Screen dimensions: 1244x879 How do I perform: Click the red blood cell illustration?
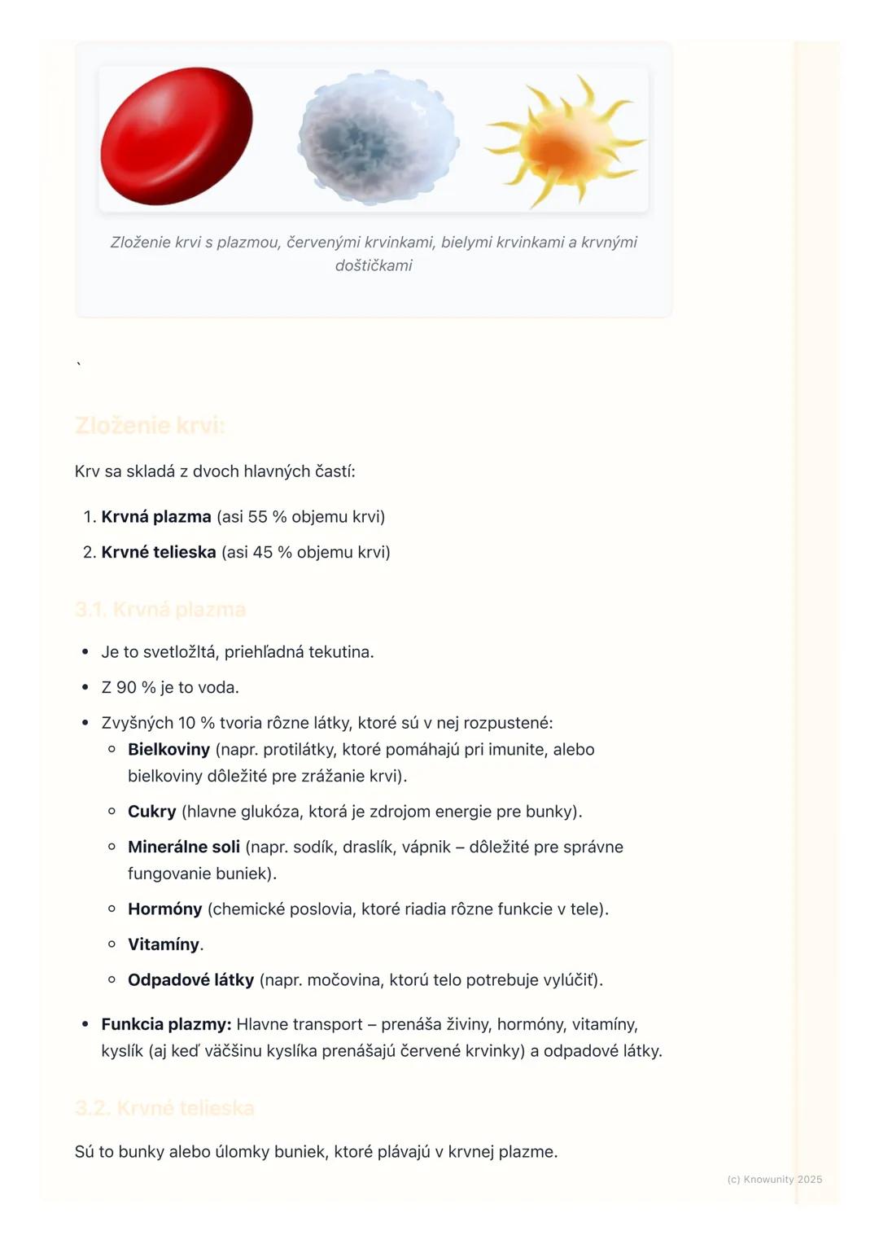click(176, 135)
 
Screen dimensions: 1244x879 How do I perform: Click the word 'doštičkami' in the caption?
click(374, 265)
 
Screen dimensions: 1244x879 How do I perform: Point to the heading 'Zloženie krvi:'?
click(150, 426)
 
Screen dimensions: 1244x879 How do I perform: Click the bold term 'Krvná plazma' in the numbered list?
click(156, 517)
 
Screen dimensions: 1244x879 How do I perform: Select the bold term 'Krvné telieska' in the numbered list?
click(159, 552)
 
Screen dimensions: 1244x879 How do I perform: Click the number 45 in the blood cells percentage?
click(263, 552)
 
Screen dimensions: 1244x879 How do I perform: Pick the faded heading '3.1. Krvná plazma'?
click(160, 610)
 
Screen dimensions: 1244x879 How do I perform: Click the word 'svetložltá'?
click(181, 652)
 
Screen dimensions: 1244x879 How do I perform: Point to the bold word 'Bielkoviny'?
click(168, 750)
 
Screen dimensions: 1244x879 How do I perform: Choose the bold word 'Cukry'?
click(152, 812)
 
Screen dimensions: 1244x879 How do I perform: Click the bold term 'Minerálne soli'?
click(184, 848)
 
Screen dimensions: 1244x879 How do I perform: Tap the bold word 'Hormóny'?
click(165, 909)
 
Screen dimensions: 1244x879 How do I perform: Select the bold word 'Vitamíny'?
click(164, 944)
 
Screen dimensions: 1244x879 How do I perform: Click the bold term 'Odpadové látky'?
click(190, 980)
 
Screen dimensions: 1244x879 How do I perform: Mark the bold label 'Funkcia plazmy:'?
click(166, 1024)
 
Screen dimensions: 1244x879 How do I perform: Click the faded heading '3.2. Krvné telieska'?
click(164, 1108)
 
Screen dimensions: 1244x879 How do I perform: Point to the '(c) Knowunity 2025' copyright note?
click(774, 1179)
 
